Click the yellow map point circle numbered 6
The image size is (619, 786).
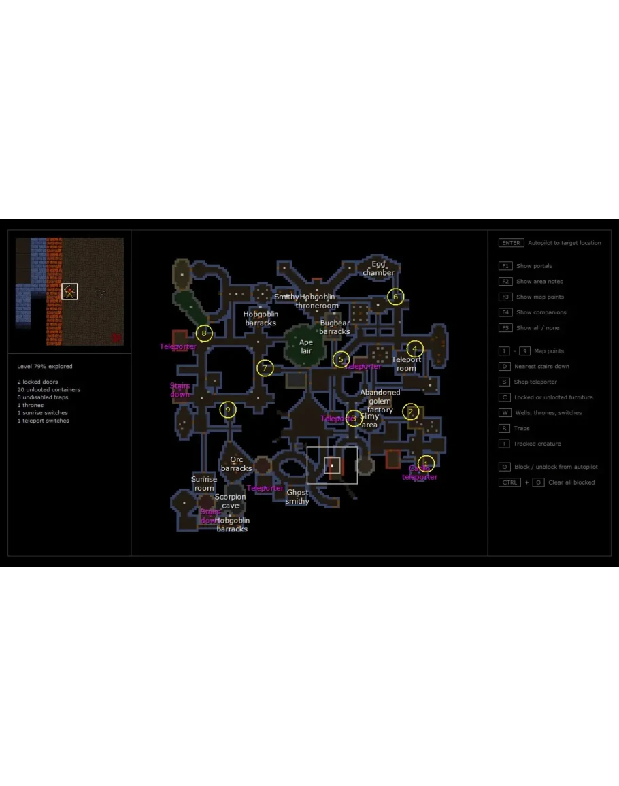(x=396, y=297)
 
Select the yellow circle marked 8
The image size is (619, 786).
(x=204, y=333)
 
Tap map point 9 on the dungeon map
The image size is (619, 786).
(x=228, y=410)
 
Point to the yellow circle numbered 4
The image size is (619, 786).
(x=415, y=349)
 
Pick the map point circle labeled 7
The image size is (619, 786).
(x=265, y=369)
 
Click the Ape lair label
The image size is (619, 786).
(x=306, y=346)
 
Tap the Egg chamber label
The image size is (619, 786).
(x=378, y=268)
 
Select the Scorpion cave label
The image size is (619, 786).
(x=231, y=501)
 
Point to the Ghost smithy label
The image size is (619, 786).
(x=297, y=497)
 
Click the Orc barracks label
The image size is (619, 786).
(x=237, y=464)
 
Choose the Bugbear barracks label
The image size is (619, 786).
(x=335, y=327)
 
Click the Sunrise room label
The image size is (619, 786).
(x=204, y=484)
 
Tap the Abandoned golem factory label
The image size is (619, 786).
(x=380, y=401)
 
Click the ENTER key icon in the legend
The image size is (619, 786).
(x=511, y=243)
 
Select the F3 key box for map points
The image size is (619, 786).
(x=505, y=297)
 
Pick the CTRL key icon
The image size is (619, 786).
(x=509, y=482)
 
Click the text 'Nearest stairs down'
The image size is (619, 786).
(x=541, y=367)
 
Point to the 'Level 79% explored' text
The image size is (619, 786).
(x=45, y=367)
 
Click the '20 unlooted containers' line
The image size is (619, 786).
(x=49, y=390)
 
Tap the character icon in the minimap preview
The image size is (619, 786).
(x=69, y=291)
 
